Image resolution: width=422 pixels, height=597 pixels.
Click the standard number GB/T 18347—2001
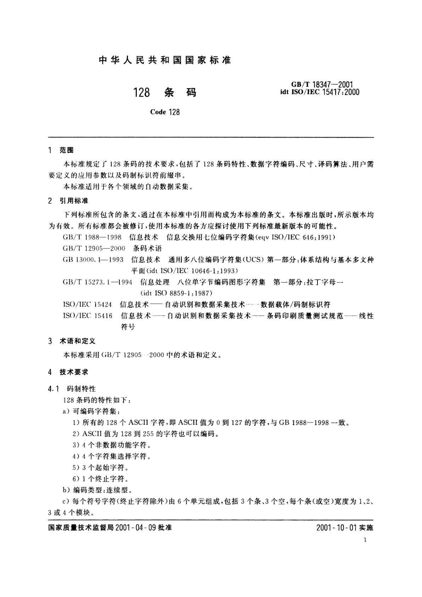click(x=322, y=84)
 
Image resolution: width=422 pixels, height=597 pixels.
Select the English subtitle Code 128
click(x=165, y=112)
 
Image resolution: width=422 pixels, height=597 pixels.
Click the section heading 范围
click(x=67, y=150)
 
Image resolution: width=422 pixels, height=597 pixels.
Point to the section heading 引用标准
click(x=74, y=201)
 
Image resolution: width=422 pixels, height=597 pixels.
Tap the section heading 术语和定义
click(x=77, y=341)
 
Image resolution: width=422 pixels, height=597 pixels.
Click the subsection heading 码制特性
click(x=81, y=389)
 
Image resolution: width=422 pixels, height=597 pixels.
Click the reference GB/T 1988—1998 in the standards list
click(x=92, y=237)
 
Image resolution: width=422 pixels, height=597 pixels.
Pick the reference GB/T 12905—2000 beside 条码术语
click(x=94, y=248)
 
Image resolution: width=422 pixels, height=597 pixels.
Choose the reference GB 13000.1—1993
click(x=93, y=260)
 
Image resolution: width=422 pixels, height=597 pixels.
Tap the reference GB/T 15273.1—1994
click(x=97, y=282)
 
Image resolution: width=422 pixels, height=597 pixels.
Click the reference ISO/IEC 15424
click(x=87, y=304)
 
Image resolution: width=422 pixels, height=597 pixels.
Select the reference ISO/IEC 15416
click(x=88, y=316)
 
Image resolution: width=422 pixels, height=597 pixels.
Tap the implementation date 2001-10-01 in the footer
click(x=336, y=528)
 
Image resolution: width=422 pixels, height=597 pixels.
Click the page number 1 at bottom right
click(x=365, y=540)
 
